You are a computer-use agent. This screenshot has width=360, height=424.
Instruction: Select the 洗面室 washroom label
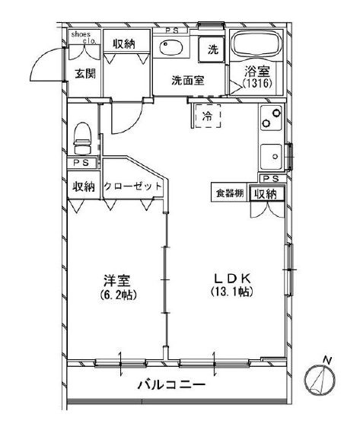point(186,79)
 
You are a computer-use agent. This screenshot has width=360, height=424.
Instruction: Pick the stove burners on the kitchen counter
point(271,120)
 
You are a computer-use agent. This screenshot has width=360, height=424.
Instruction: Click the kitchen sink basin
point(270,157)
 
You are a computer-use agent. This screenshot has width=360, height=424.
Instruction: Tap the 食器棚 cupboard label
point(227,194)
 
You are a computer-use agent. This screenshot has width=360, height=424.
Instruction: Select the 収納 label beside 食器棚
point(266,194)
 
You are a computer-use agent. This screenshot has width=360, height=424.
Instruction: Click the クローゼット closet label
point(133,186)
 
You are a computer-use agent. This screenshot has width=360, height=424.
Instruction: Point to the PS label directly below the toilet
point(81,163)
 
